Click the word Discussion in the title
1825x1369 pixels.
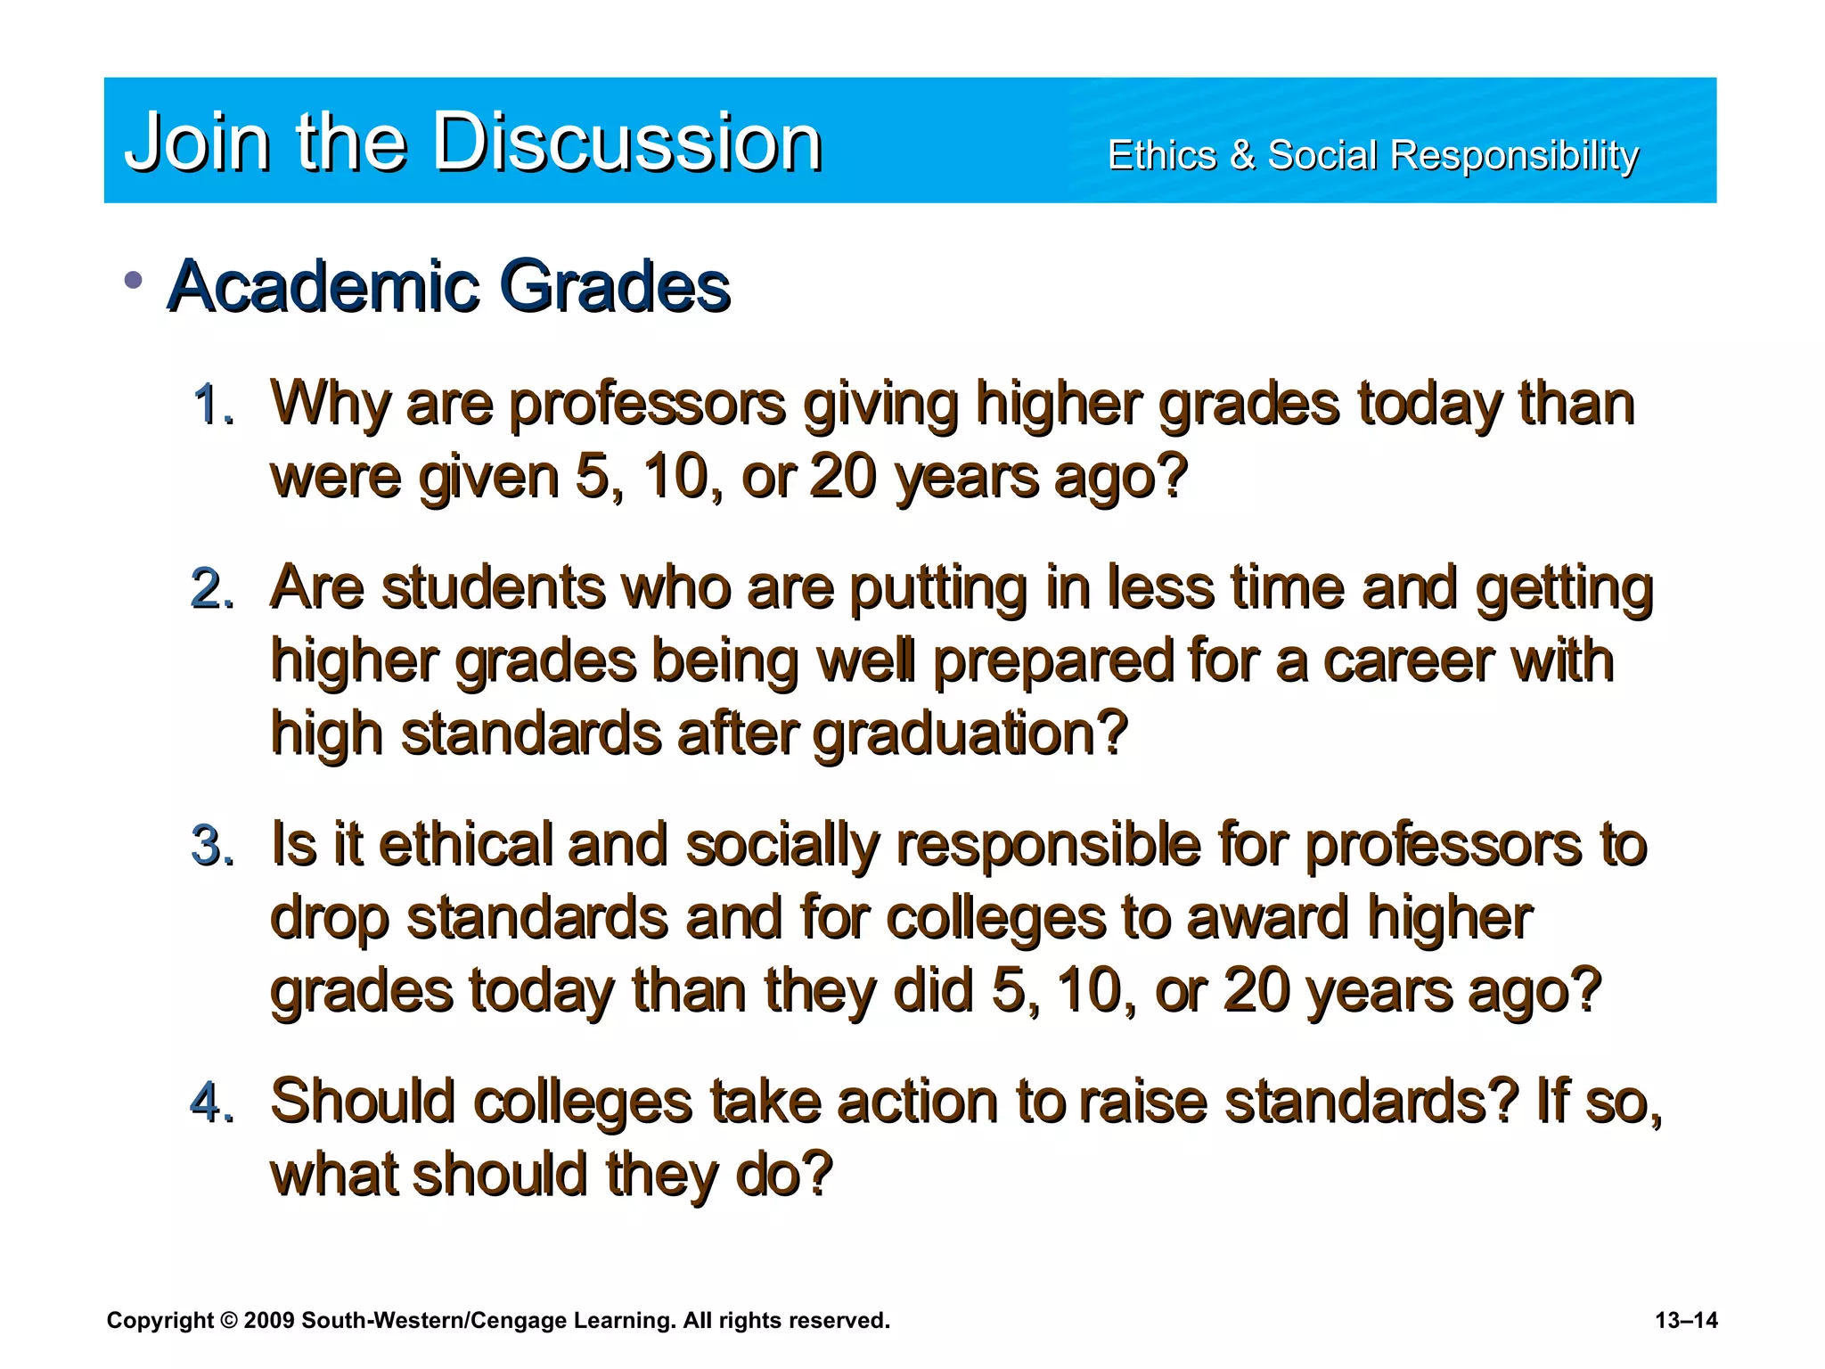627,143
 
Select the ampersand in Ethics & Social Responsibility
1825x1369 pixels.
1241,156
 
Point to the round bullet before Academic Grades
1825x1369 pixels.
134,282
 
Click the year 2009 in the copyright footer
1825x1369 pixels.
268,1320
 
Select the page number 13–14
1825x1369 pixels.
1686,1320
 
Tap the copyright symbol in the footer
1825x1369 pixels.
228,1320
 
